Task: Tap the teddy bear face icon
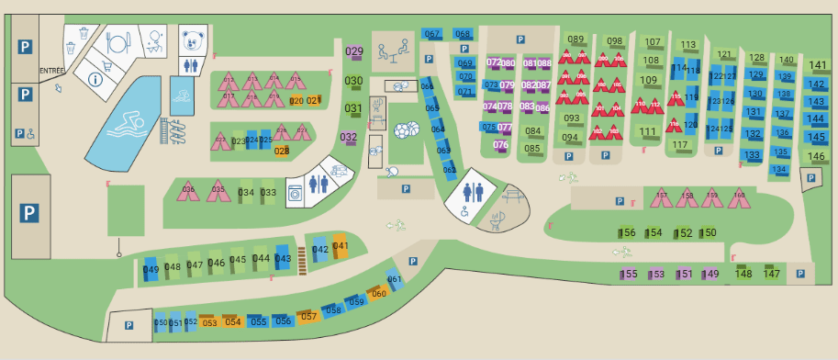pos(191,41)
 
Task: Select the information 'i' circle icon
pos(95,79)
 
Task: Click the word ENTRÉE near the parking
pos(50,71)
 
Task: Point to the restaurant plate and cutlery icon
pos(116,42)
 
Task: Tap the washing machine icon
pos(296,194)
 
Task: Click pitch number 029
pos(353,52)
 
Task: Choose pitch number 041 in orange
pos(341,246)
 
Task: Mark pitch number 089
pos(575,39)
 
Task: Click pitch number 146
pos(816,157)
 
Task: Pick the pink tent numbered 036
pos(188,190)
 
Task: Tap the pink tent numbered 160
pos(739,196)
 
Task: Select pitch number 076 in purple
pos(500,144)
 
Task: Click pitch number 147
pos(772,274)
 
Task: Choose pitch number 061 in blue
pos(395,280)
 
